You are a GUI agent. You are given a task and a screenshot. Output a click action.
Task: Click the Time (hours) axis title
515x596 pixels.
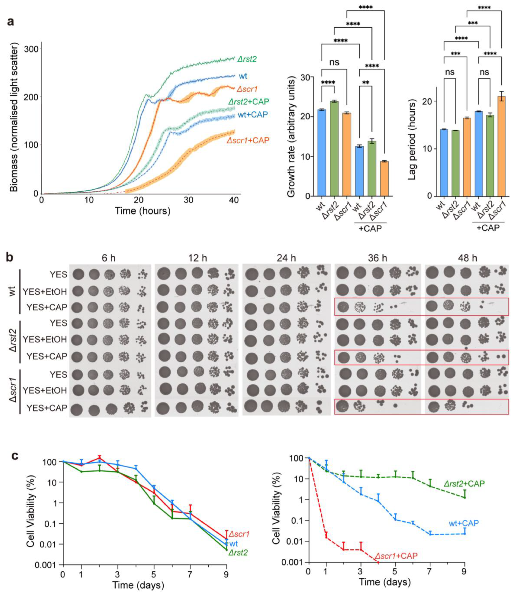click(x=142, y=211)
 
